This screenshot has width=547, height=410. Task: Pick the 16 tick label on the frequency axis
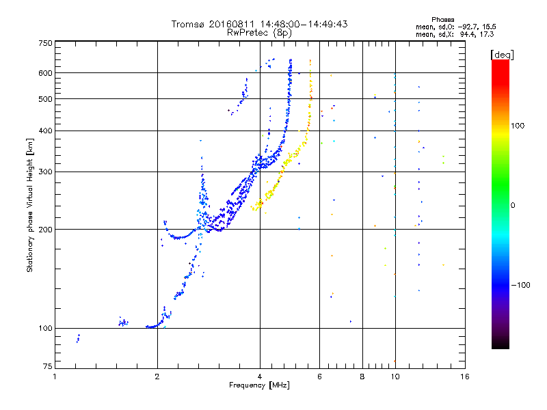(464, 377)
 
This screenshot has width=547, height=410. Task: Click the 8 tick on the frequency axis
(362, 377)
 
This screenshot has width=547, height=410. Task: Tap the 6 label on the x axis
(320, 377)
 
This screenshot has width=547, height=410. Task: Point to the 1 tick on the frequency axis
(55, 377)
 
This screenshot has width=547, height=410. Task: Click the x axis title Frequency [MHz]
(259, 385)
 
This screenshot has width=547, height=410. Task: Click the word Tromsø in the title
(188, 24)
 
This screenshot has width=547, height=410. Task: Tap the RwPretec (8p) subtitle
(259, 32)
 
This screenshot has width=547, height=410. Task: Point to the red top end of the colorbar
(501, 63)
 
